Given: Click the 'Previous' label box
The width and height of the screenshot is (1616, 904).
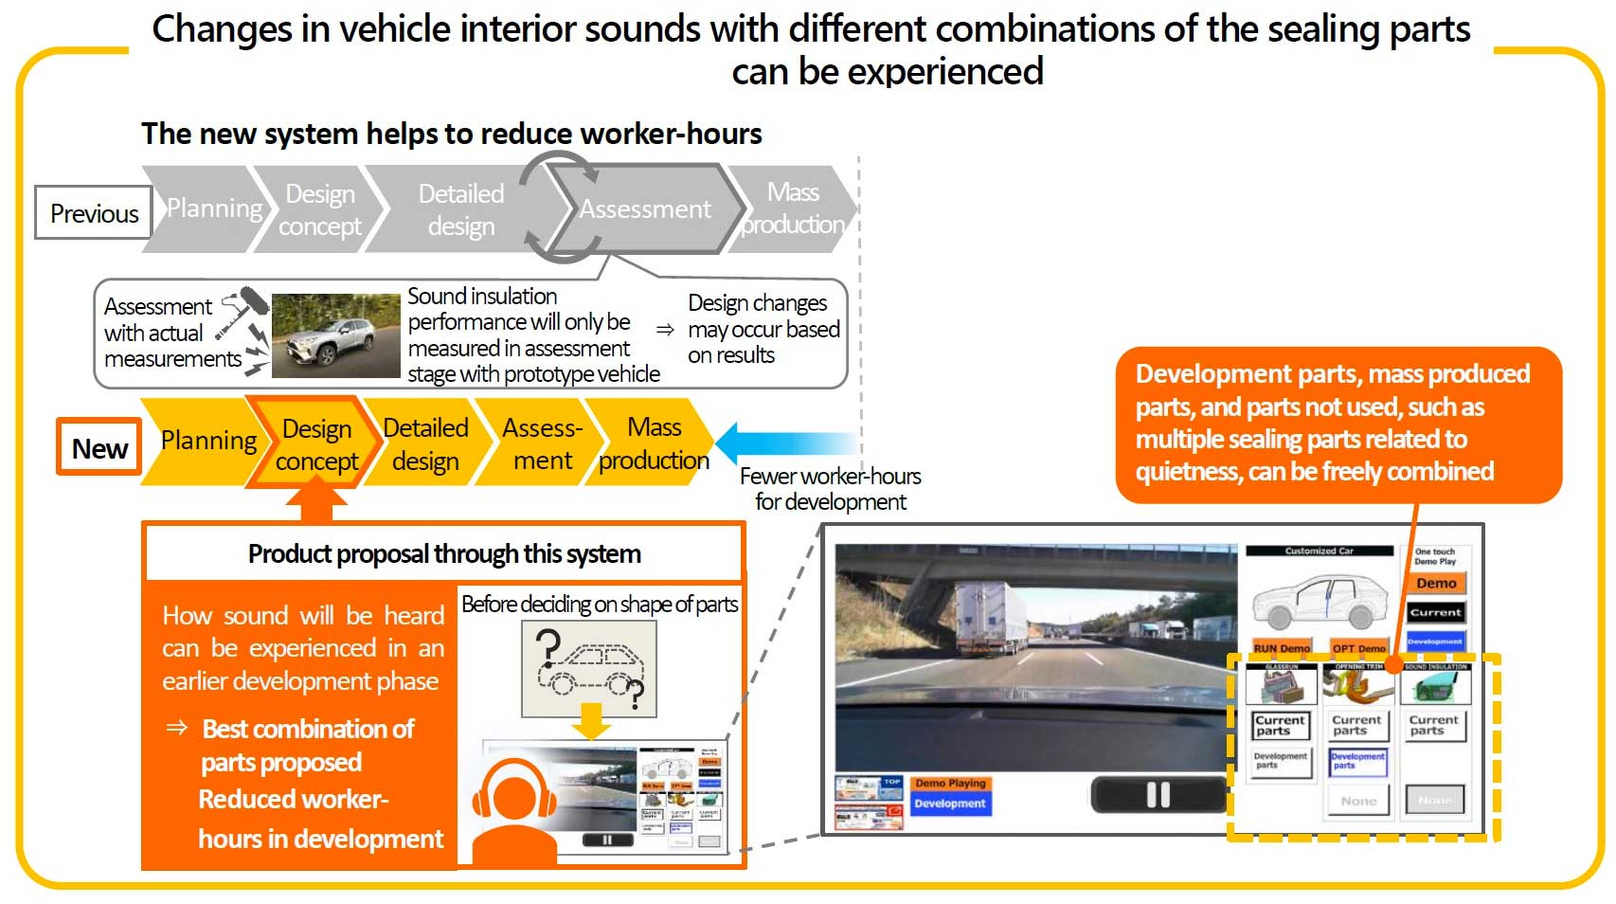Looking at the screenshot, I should coord(93,212).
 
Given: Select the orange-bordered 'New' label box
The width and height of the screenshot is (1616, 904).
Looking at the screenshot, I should coord(99,447).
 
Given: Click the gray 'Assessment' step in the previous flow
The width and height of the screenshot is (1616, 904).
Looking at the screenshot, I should coord(645,209).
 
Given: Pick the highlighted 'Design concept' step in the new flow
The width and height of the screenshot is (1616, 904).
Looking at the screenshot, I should coord(316,444).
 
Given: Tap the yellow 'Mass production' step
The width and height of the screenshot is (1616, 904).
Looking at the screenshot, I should coord(654,443).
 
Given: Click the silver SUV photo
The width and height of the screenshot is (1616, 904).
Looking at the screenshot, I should coord(335,334).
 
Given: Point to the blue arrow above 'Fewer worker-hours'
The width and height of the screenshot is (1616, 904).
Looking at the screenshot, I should coord(786,442).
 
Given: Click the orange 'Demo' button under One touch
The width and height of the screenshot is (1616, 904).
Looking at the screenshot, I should coord(1436,584).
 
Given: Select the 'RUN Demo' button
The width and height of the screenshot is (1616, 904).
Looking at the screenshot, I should coord(1281,648).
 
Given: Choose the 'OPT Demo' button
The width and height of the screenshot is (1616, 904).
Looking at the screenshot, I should coord(1358,648).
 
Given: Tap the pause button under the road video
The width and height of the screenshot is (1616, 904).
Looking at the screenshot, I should coord(1158,794).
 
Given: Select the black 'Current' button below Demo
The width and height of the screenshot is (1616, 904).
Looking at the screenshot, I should coord(1436,612).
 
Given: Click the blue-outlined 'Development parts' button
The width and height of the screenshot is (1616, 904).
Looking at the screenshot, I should coord(1357,761).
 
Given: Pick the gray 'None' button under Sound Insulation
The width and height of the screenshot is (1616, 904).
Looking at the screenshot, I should coord(1434,800).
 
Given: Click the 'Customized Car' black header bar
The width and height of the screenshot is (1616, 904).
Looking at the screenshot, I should coord(1319,551).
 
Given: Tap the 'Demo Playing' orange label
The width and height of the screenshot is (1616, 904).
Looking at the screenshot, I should coord(950,783).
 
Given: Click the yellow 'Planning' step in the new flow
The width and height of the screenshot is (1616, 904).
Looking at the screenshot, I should coord(206,441).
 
